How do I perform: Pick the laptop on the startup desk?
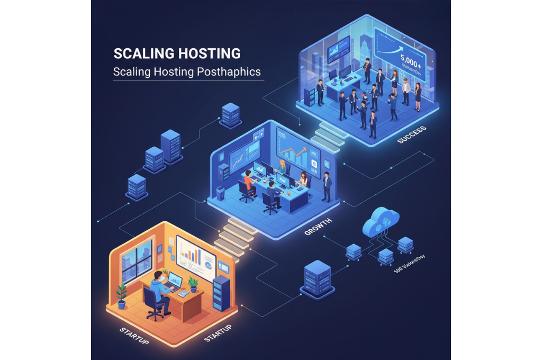(x=173, y=282)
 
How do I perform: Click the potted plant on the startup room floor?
(x=122, y=295)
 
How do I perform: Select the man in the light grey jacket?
(x=405, y=91)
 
